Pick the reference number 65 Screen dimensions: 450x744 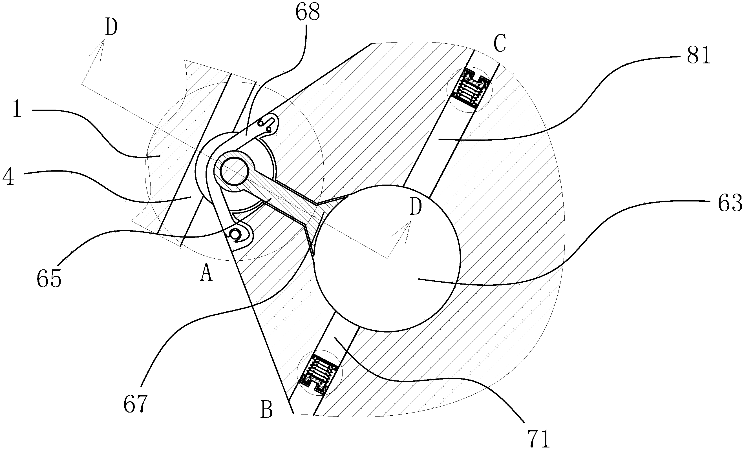pos(49,279)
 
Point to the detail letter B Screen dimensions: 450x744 pos(266,409)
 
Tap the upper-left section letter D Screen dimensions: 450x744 pos(111,28)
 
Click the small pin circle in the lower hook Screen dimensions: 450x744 pos(235,233)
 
